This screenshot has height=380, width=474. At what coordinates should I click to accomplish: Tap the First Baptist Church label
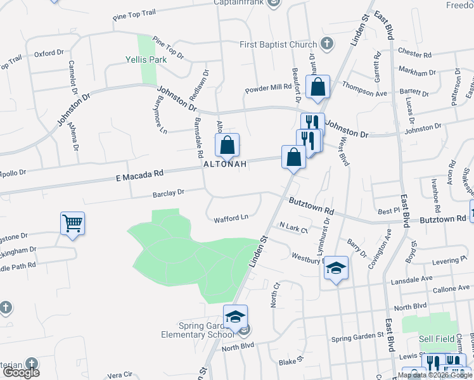(278, 44)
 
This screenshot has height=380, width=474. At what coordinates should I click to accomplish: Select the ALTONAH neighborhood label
(224, 163)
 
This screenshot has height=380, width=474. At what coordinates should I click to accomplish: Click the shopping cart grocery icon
(72, 223)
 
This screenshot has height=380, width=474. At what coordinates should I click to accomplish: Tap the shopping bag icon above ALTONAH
(227, 146)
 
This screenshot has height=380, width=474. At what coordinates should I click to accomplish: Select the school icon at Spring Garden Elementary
(235, 316)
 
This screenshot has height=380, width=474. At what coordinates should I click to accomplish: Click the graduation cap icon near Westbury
(336, 268)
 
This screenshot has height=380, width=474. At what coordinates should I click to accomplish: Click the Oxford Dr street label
(49, 54)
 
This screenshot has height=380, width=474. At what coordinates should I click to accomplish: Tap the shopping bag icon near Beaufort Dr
(317, 87)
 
